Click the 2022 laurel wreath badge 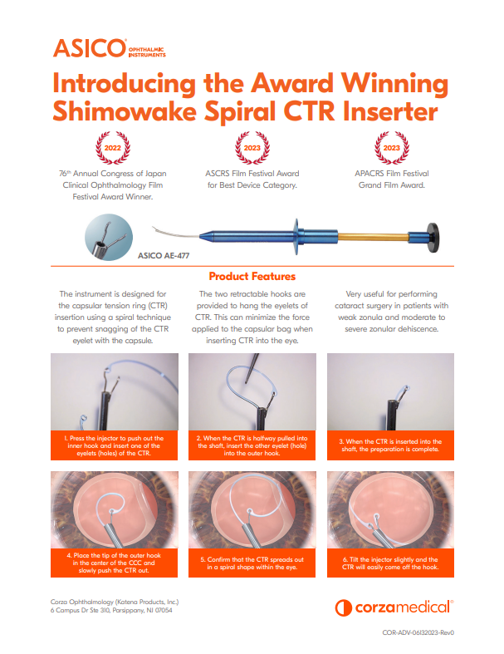click(112, 148)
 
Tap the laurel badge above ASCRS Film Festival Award click(252, 148)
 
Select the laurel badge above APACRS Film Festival click(391, 148)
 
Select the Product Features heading click(252, 276)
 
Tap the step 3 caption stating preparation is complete click(390, 446)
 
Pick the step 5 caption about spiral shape click(252, 563)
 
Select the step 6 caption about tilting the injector click(390, 563)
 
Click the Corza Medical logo click(394, 607)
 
